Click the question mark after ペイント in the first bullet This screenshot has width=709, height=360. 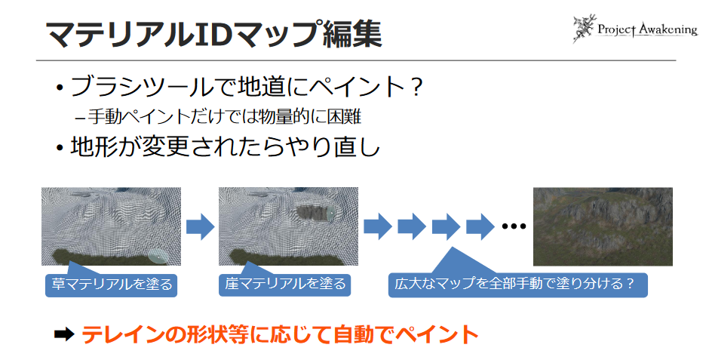coord(412,88)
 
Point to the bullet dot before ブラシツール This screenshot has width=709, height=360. coord(59,88)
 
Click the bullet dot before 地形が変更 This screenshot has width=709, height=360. coord(59,146)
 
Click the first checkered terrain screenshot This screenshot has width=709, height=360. coord(111,226)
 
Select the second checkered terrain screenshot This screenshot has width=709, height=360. coord(288,226)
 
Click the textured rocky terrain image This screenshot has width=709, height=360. coord(602,226)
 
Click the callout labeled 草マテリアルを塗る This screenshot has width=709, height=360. coord(111,285)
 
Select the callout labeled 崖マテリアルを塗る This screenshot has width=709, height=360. coord(285,285)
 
